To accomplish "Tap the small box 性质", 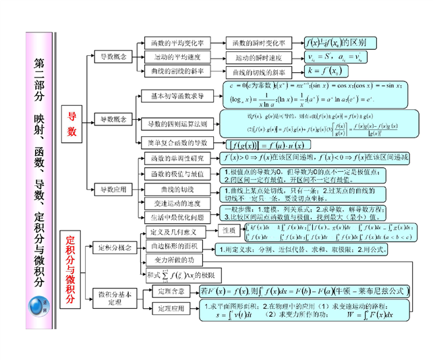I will pos(229,231).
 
